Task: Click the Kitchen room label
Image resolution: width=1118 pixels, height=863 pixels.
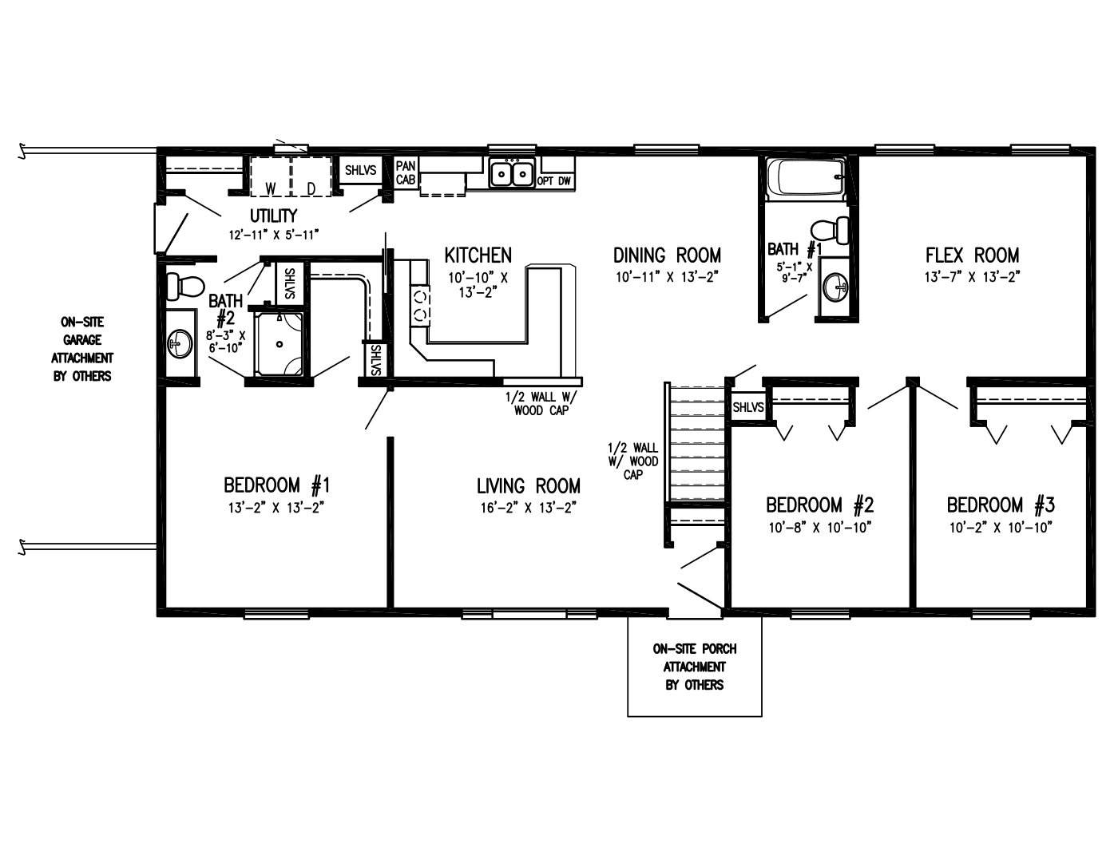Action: tap(478, 255)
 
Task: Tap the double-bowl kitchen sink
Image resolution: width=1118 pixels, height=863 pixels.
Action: tap(512, 173)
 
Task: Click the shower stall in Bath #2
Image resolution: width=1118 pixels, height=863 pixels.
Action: tap(279, 344)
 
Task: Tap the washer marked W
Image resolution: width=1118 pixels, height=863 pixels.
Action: tap(271, 176)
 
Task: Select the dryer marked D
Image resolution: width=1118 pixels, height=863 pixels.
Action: tap(311, 176)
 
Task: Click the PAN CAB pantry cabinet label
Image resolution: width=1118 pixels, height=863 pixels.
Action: tap(406, 173)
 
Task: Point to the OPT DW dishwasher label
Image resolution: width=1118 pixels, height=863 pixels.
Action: tap(554, 181)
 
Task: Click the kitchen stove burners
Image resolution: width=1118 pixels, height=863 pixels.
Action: tap(421, 305)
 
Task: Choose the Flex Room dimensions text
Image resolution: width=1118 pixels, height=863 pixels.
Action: tap(973, 277)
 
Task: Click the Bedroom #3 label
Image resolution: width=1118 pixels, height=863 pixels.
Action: tap(1001, 505)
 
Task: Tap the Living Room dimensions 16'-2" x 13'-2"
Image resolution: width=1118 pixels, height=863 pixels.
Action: tap(528, 507)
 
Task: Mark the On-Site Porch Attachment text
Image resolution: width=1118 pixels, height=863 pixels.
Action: tap(694, 667)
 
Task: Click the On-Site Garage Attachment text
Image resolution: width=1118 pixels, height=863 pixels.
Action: tap(83, 349)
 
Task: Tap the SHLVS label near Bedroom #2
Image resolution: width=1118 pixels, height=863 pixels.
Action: tap(748, 407)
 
